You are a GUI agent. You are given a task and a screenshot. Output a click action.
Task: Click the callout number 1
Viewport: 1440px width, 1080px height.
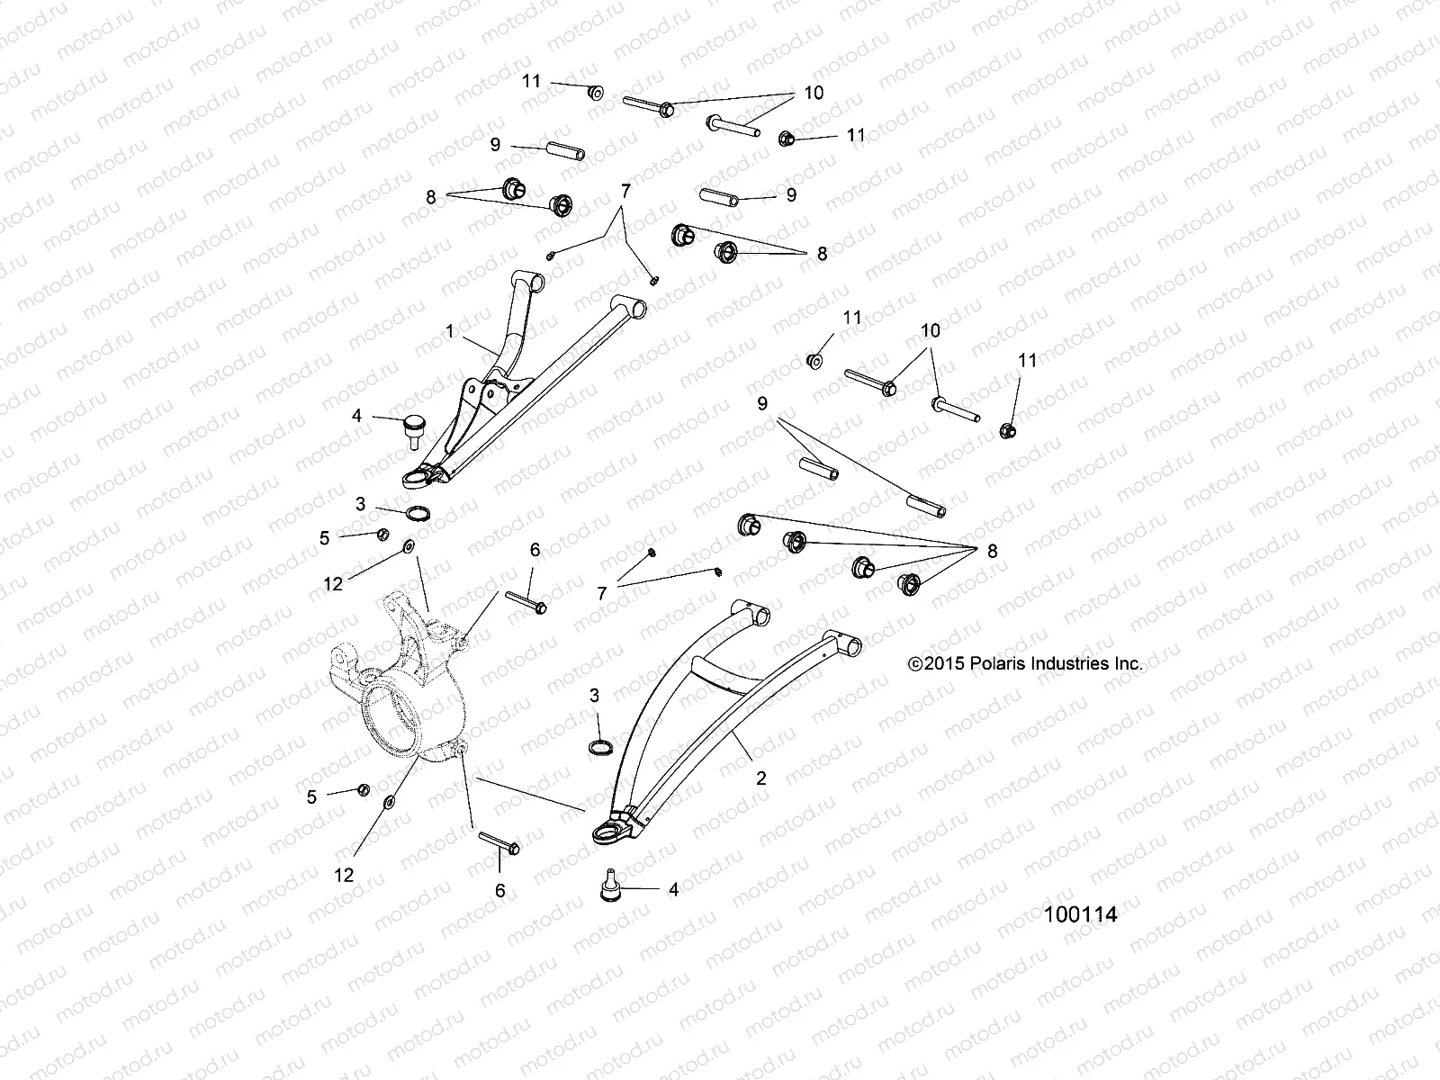coord(449,331)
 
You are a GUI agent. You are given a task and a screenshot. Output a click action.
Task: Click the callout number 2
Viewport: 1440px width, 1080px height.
coord(761,778)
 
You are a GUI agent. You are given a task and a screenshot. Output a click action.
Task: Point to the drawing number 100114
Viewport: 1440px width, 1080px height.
coord(1080,915)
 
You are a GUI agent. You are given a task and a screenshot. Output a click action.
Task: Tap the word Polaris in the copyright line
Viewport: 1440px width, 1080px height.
coord(987,664)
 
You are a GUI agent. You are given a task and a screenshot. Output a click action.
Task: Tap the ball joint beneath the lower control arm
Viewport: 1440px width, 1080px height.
coord(609,886)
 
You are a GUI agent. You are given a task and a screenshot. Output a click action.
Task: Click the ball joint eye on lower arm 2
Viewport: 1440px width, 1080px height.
coord(608,833)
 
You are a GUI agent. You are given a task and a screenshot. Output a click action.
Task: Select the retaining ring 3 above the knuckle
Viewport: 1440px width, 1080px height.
coord(417,514)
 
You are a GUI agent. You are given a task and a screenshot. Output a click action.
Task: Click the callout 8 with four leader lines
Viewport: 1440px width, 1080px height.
coord(993,552)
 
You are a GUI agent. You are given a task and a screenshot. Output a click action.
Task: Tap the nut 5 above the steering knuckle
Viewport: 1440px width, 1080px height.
coord(381,535)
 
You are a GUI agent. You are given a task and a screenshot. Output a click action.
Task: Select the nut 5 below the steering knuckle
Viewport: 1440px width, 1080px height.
coord(363,789)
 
